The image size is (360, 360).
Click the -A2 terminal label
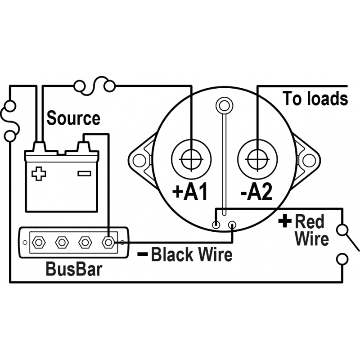coord(256,192)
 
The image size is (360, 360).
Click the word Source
coord(73,119)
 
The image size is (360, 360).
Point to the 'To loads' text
coord(315,98)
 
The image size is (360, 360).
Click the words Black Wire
coord(191,255)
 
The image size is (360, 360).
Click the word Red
coord(309,222)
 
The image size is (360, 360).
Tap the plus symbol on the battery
coord(39,174)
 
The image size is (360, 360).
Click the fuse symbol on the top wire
coord(94,84)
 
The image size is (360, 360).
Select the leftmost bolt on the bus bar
coord(39,243)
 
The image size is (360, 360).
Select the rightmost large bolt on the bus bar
coord(108,243)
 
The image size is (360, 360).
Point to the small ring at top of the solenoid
coord(223,106)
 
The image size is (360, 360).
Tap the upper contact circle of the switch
coord(343,230)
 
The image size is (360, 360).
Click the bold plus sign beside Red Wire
coord(284,221)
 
